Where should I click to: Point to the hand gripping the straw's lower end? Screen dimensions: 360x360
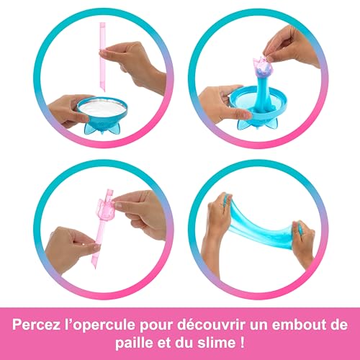click(x=68, y=245)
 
